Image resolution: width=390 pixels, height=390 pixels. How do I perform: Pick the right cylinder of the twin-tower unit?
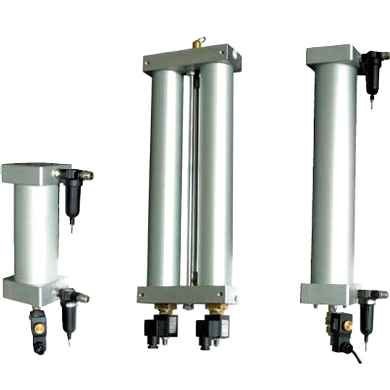click(x=215, y=175)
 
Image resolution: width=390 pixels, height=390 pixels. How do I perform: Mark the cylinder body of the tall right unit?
click(x=333, y=175)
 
